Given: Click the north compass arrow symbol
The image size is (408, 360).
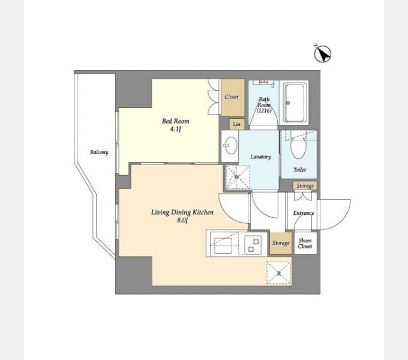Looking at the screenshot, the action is click(323, 53).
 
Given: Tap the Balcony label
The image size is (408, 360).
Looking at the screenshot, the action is click(99, 152).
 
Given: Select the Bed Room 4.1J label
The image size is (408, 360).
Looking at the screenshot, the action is click(176, 125).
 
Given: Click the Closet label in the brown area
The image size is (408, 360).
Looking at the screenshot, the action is click(232, 97).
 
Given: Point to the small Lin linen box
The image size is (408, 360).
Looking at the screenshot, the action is click(237, 124).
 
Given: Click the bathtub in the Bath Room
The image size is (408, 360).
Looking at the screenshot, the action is click(294, 103).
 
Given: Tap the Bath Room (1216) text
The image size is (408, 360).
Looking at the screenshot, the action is click(264, 105).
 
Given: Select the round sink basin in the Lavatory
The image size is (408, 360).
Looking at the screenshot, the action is click(231, 145).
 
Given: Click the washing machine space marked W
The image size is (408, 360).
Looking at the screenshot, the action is click(238, 177).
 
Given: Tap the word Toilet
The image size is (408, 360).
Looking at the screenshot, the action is click(299, 170).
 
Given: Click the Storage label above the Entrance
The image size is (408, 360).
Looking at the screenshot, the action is click(305, 186).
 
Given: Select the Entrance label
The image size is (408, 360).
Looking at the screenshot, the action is click(304, 213).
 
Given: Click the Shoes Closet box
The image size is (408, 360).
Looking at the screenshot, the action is click(305, 243).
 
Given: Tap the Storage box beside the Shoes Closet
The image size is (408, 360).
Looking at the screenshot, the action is click(281, 243).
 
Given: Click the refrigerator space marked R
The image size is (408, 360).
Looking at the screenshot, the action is click(278, 273).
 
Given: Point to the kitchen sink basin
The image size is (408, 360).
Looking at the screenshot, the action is click(223, 246).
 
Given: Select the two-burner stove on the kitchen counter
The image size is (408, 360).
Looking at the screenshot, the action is click(253, 245).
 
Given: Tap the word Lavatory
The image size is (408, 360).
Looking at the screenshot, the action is click(261, 157).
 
